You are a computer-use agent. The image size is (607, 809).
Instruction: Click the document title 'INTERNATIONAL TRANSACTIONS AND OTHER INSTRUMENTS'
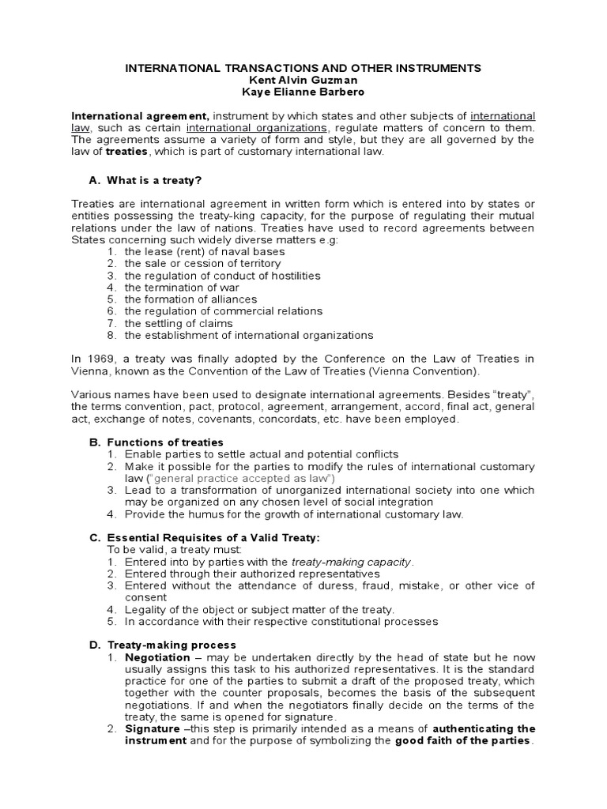[303, 69]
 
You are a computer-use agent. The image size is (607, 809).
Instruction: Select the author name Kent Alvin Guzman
[303, 81]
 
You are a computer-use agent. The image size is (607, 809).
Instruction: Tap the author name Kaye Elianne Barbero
[303, 92]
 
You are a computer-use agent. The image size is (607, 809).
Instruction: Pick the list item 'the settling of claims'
[178, 323]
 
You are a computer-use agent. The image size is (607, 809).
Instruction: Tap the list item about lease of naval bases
[205, 252]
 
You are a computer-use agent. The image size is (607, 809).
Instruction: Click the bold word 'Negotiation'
[157, 657]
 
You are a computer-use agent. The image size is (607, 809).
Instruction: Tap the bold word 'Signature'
[152, 728]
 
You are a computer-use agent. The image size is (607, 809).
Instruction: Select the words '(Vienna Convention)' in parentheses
[426, 371]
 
